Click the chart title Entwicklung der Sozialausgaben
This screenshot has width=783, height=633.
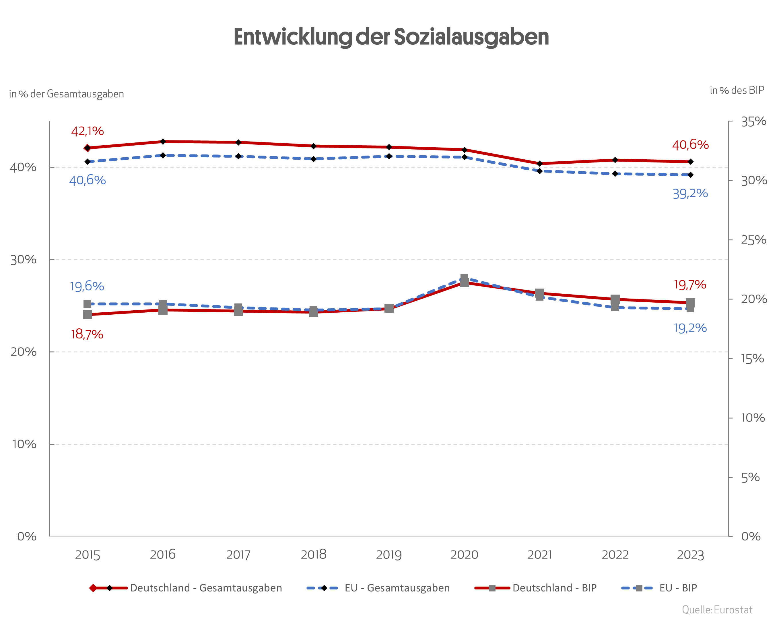(391, 37)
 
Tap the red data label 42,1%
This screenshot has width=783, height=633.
(87, 131)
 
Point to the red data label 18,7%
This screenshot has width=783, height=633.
(87, 334)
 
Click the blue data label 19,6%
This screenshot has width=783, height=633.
(87, 286)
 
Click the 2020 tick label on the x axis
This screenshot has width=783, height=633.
(464, 554)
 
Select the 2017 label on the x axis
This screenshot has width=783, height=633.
(238, 554)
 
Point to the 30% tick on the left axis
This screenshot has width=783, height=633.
(23, 260)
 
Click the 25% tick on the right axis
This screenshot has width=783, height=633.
(753, 240)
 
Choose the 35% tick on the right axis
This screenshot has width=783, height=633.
(753, 121)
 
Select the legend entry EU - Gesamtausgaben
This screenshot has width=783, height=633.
(397, 588)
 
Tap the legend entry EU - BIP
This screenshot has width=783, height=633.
(678, 588)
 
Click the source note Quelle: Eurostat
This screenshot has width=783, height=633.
(717, 610)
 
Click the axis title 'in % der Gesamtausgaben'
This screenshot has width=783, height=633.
(67, 94)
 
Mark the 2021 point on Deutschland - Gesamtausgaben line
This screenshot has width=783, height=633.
(539, 163)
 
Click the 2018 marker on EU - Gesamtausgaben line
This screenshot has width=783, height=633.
(313, 159)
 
